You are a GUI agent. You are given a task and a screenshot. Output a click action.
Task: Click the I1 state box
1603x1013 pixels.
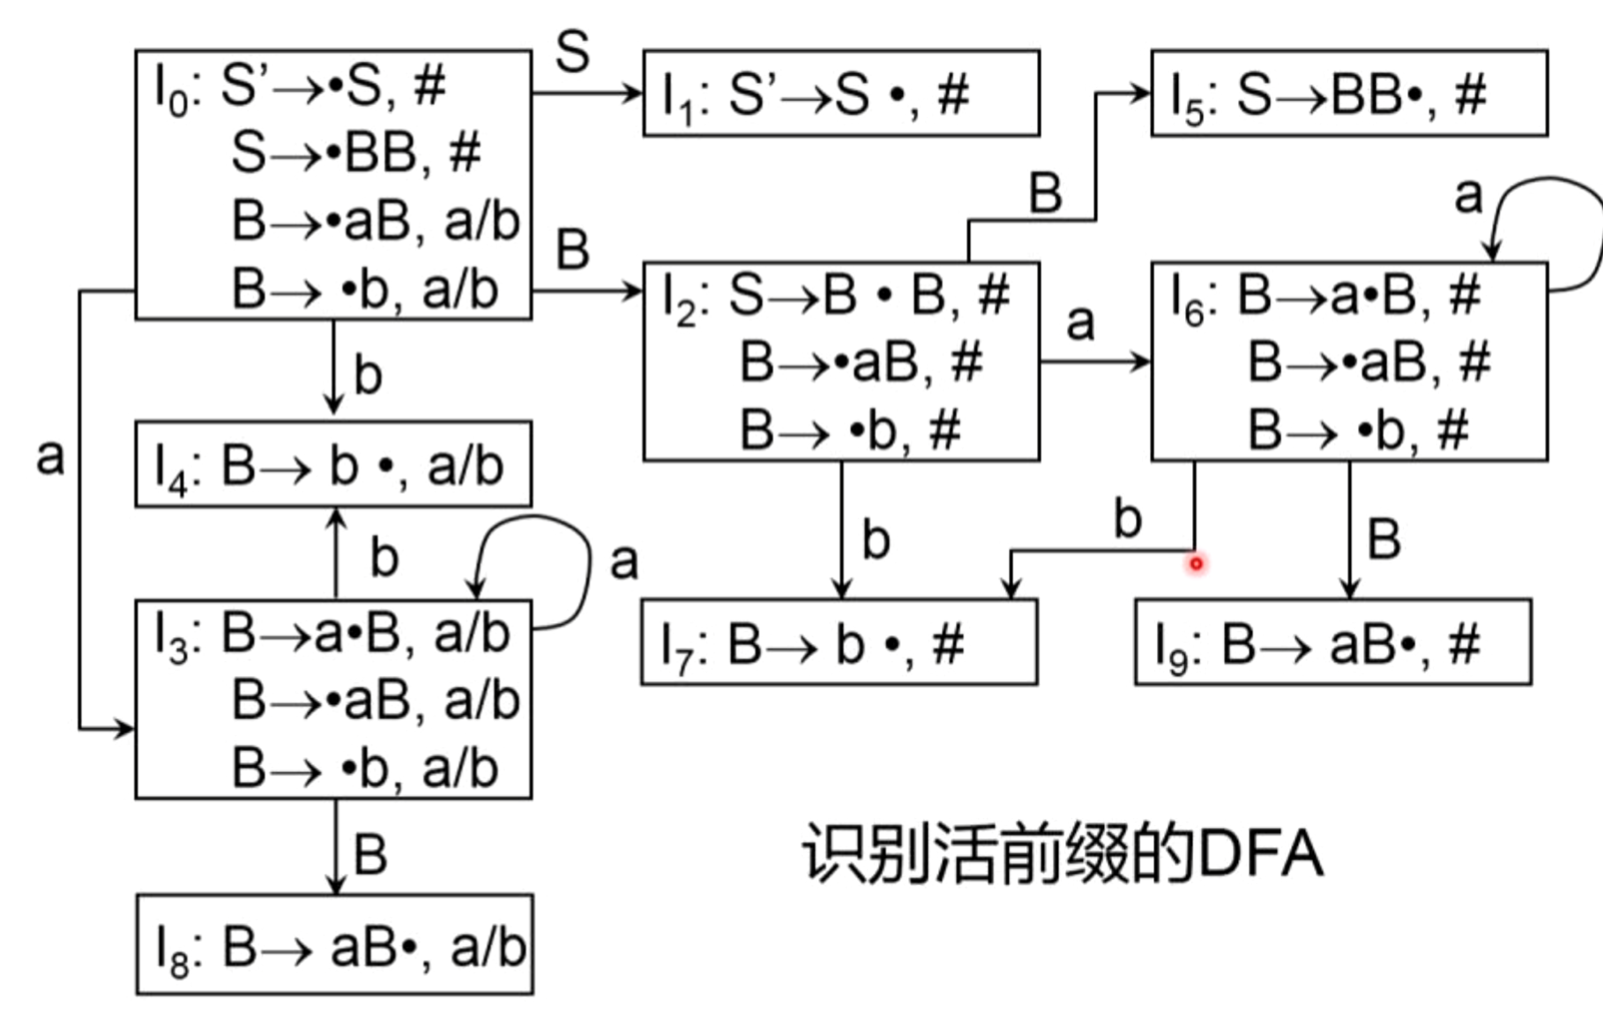pyautogui.click(x=840, y=94)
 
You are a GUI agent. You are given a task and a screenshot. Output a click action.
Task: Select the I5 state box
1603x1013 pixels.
pyautogui.click(x=1348, y=94)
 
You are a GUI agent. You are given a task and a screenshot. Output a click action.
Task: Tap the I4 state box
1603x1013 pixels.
pyautogui.click(x=332, y=465)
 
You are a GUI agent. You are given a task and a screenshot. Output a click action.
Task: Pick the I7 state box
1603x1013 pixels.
pyautogui.click(x=839, y=642)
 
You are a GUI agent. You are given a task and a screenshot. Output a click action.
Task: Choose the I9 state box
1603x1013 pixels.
pyautogui.click(x=1332, y=642)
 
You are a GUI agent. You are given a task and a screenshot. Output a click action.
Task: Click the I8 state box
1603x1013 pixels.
pyautogui.click(x=334, y=945)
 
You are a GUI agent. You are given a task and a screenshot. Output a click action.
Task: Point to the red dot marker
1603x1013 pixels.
pyautogui.click(x=1196, y=563)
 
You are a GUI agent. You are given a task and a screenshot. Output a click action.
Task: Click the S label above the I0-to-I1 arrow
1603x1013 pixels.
pyautogui.click(x=572, y=51)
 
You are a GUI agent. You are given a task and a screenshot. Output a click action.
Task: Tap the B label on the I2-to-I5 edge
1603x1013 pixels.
pyautogui.click(x=1045, y=192)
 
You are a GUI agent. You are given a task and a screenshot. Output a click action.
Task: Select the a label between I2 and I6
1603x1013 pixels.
pyautogui.click(x=1080, y=322)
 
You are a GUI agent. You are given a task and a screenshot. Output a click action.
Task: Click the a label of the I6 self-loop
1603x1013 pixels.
pyautogui.click(x=1468, y=195)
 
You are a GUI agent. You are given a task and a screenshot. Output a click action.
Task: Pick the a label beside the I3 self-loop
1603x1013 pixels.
pyautogui.click(x=623, y=561)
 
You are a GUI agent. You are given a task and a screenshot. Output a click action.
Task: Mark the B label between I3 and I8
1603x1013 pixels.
pyautogui.click(x=370, y=853)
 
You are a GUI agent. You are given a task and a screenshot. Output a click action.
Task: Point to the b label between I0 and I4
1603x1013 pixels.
pyautogui.click(x=368, y=374)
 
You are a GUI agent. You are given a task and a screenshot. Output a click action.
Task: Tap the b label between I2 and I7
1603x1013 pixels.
pyautogui.click(x=875, y=539)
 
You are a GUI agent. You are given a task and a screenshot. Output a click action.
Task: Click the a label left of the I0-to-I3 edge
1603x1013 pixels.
pyautogui.click(x=50, y=456)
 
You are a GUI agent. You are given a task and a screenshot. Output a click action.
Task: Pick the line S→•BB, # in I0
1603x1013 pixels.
pyautogui.click(x=355, y=153)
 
